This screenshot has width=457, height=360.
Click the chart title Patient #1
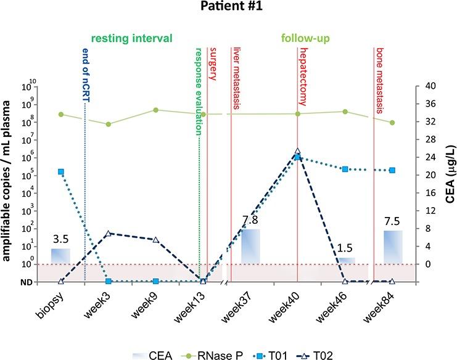point(228,8)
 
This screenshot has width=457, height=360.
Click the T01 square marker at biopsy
point(61,171)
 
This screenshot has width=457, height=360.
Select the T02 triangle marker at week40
point(297,150)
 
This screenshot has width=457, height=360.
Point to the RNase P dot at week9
point(155,110)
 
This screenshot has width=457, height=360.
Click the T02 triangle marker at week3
point(108,234)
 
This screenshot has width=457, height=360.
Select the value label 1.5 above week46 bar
point(345,248)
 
